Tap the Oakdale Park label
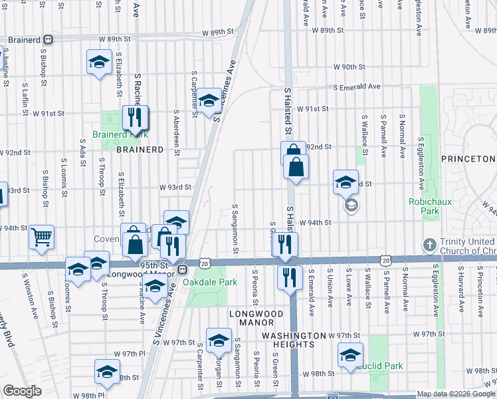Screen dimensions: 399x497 point(210,282)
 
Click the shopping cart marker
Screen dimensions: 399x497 point(42,237)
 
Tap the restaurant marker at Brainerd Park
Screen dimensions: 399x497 point(135,118)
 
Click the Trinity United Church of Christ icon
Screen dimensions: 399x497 point(428,245)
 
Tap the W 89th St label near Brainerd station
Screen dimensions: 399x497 point(219,32)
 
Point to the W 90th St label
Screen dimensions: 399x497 point(349,67)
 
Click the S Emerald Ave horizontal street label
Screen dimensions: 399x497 point(356,86)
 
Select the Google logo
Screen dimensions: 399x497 point(22,391)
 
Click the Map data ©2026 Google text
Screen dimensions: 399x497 point(456,394)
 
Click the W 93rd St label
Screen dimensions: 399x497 point(175,188)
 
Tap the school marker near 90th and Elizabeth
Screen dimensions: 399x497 point(99,63)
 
